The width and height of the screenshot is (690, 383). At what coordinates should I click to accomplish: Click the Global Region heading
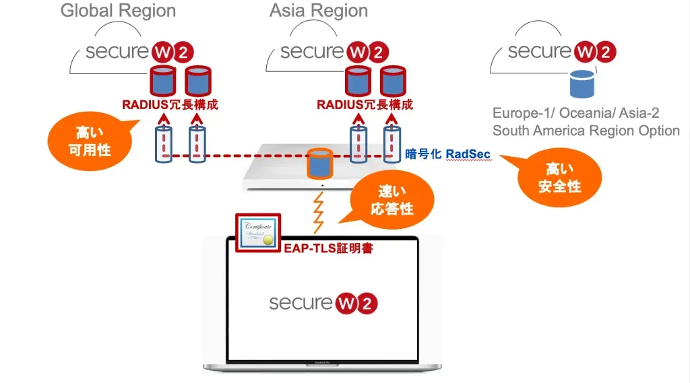pos(118,11)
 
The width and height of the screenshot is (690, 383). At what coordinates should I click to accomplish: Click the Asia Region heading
pos(319,11)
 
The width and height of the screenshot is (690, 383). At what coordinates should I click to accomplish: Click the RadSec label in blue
pos(468,154)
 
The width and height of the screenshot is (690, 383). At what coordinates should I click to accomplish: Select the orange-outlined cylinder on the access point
pos(321,164)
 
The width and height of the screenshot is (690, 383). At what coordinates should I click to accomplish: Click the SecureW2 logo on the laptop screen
pos(323,302)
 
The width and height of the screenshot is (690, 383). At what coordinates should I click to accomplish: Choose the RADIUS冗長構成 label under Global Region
pos(170,105)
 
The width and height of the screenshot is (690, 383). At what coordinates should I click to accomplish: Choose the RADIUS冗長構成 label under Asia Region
pos(365,105)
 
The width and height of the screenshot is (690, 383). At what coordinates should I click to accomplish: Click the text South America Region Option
pos(586,131)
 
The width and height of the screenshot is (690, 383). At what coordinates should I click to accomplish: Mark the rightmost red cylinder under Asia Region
pos(393,80)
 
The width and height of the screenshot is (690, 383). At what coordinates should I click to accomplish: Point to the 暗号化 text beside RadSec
pos(422,154)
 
